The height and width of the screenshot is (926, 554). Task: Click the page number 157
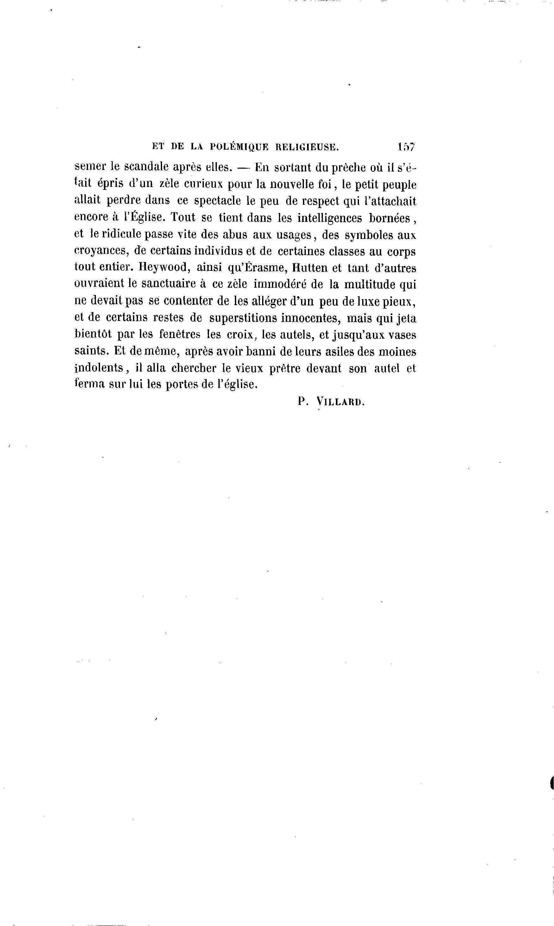pyautogui.click(x=406, y=147)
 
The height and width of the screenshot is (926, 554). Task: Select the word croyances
pyautogui.click(x=102, y=251)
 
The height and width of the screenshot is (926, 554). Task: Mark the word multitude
pyautogui.click(x=369, y=284)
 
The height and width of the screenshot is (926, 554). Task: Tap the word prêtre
pyautogui.click(x=285, y=368)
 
